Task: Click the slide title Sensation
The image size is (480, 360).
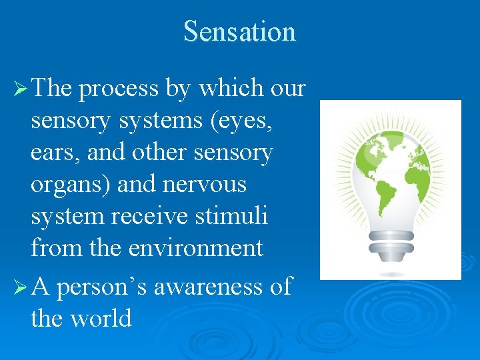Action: pyautogui.click(x=239, y=31)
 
